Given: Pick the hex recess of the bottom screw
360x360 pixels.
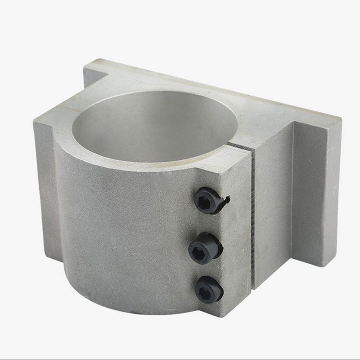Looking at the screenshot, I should pyautogui.click(x=204, y=291).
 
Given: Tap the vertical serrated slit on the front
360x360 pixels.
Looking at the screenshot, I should pyautogui.click(x=253, y=218).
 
